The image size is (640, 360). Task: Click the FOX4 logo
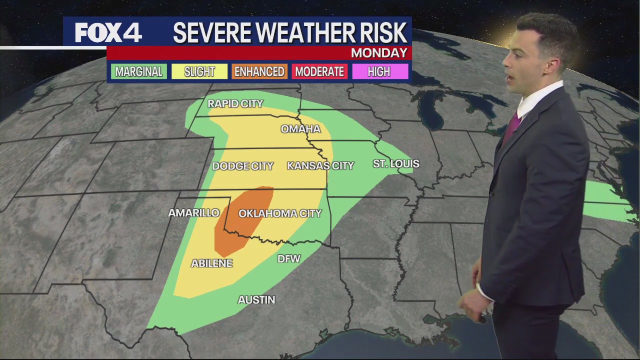click(108, 33)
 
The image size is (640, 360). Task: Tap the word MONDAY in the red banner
click(379, 53)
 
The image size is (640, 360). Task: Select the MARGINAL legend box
click(138, 72)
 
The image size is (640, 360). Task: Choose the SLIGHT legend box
click(199, 72)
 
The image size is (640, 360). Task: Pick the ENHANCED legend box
click(259, 72)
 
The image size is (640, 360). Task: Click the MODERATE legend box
click(319, 72)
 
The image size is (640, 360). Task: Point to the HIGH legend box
click(379, 72)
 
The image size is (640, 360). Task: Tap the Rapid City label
click(235, 104)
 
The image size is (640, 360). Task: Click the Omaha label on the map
click(300, 129)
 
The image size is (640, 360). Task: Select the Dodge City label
click(242, 166)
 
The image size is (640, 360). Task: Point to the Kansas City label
click(320, 166)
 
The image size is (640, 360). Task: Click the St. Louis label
click(396, 164)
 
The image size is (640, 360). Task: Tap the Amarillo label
click(193, 213)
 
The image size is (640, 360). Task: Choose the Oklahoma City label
click(280, 213)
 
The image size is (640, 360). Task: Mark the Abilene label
click(211, 263)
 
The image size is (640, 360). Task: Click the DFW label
click(288, 259)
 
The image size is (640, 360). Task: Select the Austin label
click(256, 300)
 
